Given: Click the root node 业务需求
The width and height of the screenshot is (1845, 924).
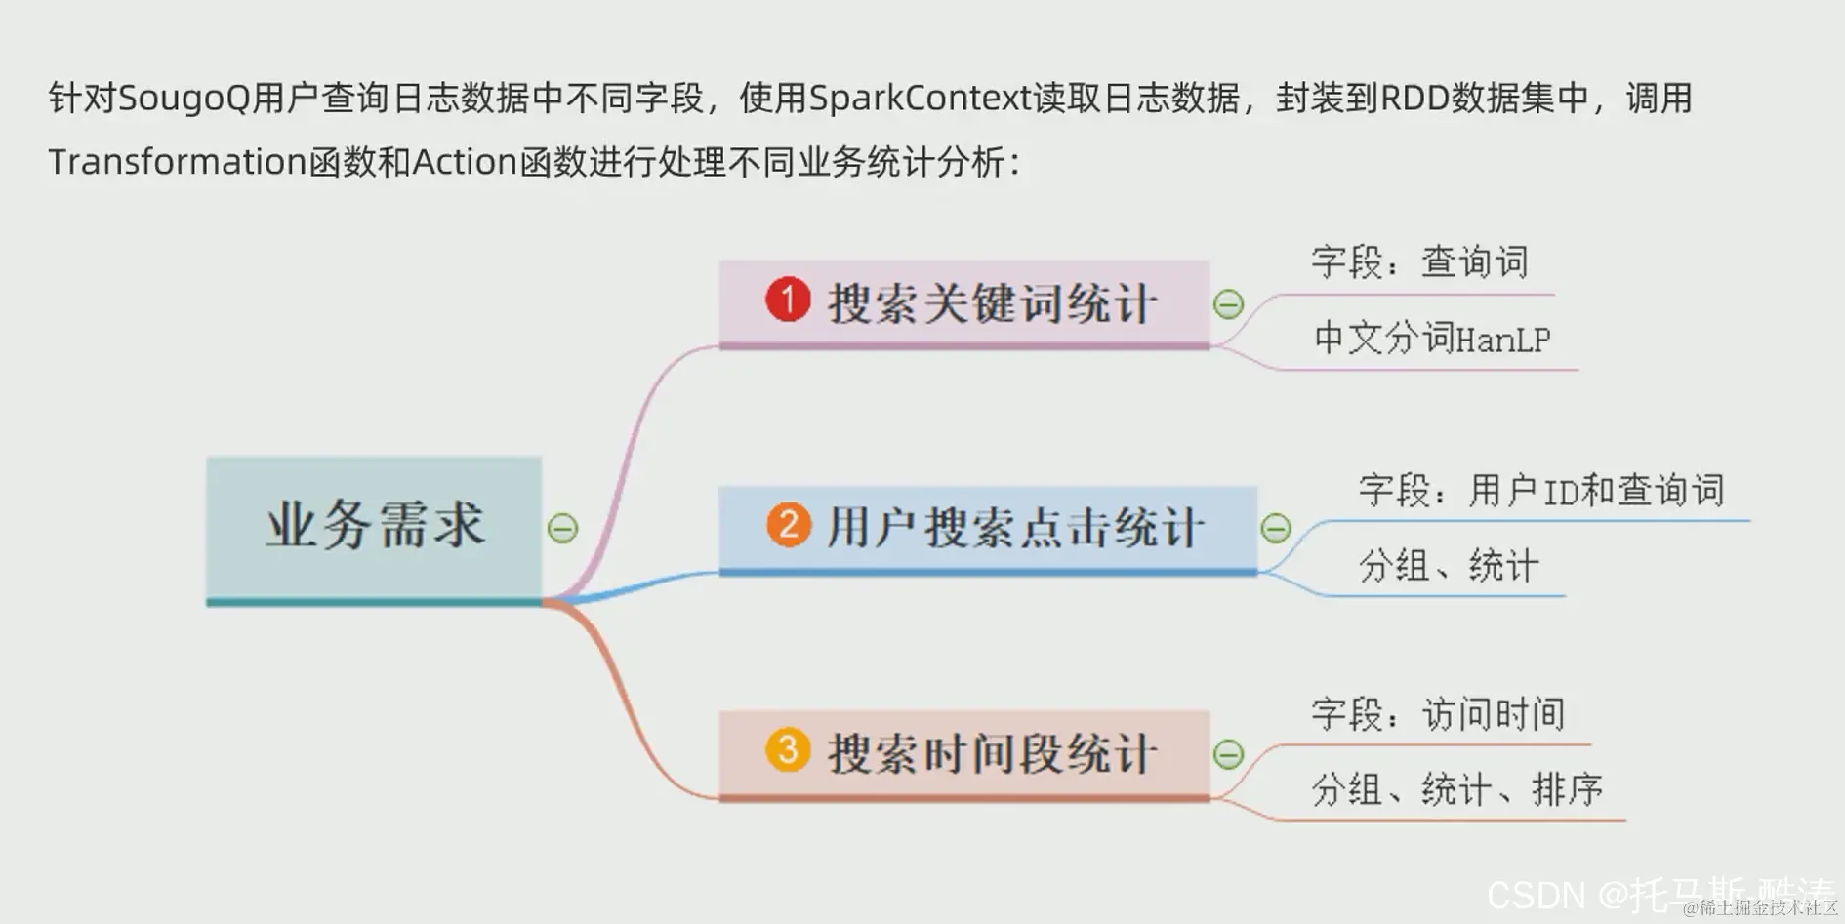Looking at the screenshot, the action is coord(374,527).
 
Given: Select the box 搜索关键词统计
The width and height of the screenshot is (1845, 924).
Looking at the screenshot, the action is coord(963,302).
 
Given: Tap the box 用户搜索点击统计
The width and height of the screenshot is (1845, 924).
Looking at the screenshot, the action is coord(987,529).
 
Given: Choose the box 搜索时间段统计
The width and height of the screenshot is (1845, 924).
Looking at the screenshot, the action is coord(963,753).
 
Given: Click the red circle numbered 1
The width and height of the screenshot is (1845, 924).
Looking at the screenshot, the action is coord(788,299).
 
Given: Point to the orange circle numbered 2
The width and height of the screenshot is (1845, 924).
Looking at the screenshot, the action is coord(789,525).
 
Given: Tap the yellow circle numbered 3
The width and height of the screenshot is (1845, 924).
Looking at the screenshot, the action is coord(788,749).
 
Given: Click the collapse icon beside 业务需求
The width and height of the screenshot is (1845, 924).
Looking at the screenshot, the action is coord(562,529).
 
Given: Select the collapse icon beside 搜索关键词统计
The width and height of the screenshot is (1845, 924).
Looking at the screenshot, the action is coord(1228,304).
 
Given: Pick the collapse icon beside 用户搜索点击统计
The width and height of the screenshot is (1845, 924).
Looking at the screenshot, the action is coord(1276,529).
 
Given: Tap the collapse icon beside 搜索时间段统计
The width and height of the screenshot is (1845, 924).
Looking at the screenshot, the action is coord(1228,754).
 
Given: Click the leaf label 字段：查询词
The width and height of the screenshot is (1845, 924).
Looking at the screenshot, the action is coord(1419,261).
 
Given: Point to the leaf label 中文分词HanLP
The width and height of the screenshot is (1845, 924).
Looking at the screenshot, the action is coord(1432,338).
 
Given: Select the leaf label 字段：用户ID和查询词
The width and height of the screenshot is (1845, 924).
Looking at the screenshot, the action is coord(1541,490).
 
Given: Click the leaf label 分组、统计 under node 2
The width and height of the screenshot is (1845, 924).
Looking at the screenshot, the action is coord(1449,566).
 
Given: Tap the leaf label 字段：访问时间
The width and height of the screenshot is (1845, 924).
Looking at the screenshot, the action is coord(1438,714).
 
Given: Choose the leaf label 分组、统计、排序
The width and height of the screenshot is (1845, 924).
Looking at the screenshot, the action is coord(1456,789).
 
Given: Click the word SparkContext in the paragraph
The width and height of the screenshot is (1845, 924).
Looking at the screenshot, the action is coord(921,99).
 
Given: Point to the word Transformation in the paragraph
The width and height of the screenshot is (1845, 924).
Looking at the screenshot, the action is coord(178,162).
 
